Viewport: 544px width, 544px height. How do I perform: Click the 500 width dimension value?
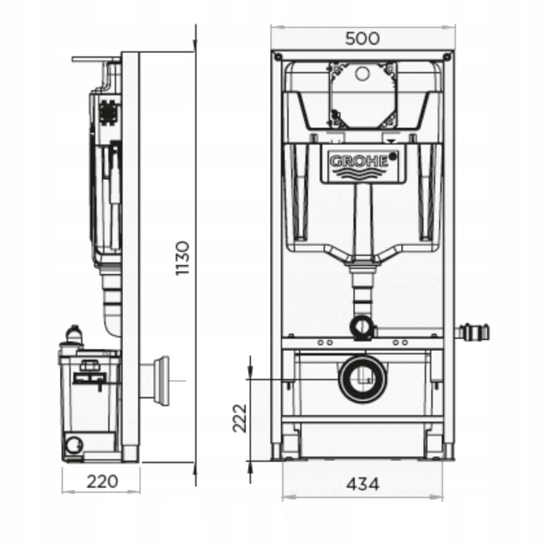coord(362,38)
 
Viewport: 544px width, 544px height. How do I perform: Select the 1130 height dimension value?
coord(183,258)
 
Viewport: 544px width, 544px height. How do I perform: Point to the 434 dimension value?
coord(362,484)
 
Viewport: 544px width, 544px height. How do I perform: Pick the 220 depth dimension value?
coord(102,481)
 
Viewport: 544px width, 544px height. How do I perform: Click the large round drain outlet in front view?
coord(363,378)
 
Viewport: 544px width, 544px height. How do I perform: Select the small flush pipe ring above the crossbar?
coord(363,328)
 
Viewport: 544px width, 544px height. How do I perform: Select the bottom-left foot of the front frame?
coord(277,452)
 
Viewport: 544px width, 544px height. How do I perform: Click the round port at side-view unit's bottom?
coord(71,445)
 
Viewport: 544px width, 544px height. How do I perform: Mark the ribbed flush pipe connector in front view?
coord(362,289)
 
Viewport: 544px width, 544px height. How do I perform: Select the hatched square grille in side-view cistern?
coord(108,111)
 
